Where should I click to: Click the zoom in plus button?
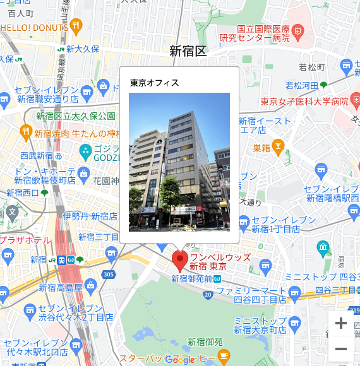pyautogui.click(x=341, y=324)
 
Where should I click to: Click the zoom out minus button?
pyautogui.click(x=341, y=348)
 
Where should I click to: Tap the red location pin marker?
pyautogui.click(x=180, y=259)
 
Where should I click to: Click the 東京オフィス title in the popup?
pyautogui.click(x=155, y=83)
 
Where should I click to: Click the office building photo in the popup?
pyautogui.click(x=179, y=162)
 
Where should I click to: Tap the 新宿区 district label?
pyautogui.click(x=188, y=51)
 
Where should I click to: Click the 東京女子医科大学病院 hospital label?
pyautogui.click(x=304, y=101)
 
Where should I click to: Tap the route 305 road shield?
pyautogui.click(x=108, y=274)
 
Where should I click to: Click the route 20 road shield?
pyautogui.click(x=208, y=294)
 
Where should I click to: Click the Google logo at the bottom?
pyautogui.click(x=180, y=359)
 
